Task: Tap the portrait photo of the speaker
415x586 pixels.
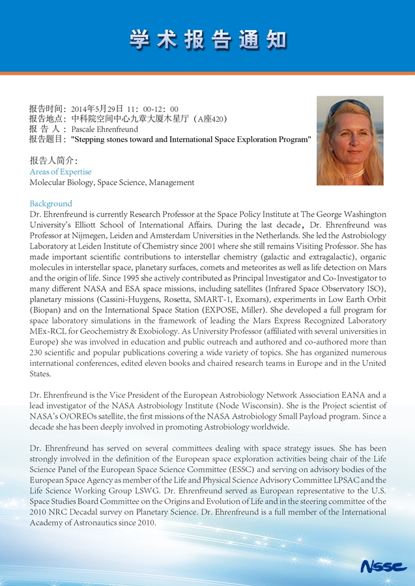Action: pyautogui.click(x=349, y=141)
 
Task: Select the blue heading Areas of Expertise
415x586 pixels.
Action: pyautogui.click(x=61, y=172)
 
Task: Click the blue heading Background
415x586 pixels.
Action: pyautogui.click(x=51, y=204)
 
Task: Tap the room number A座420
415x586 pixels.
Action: pyautogui.click(x=212, y=119)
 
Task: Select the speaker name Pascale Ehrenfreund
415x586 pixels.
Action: pyautogui.click(x=104, y=130)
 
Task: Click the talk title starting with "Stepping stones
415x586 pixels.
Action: pyautogui.click(x=190, y=139)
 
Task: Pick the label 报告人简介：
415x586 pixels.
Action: pyautogui.click(x=54, y=160)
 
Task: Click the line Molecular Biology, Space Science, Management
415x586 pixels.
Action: pyautogui.click(x=112, y=183)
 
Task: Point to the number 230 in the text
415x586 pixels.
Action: pyautogui.click(x=37, y=352)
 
